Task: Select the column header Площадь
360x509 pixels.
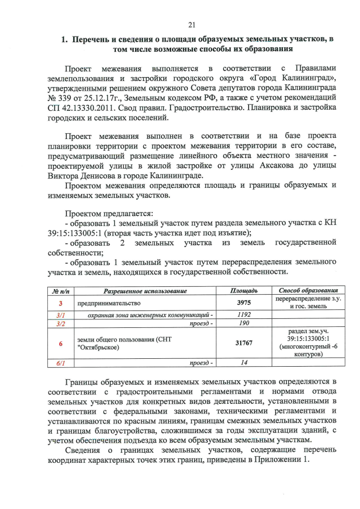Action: (x=244, y=290)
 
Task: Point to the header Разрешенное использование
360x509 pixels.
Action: (x=145, y=290)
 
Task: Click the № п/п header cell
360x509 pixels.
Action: (x=60, y=290)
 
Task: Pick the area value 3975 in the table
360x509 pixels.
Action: (x=244, y=303)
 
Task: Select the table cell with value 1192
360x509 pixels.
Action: (x=244, y=315)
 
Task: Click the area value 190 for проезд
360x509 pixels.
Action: (x=244, y=324)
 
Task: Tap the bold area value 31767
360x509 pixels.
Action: (x=244, y=344)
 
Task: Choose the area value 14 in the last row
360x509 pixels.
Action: (x=244, y=363)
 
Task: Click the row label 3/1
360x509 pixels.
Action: (x=60, y=315)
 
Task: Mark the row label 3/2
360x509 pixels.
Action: (x=60, y=324)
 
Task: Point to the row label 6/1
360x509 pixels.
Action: (x=60, y=363)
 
